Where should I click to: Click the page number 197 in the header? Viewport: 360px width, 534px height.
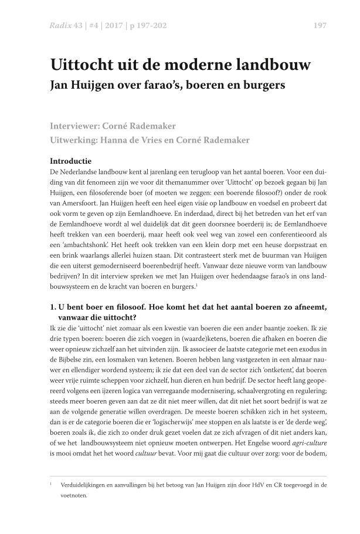320,25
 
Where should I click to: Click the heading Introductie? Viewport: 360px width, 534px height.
72,160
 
